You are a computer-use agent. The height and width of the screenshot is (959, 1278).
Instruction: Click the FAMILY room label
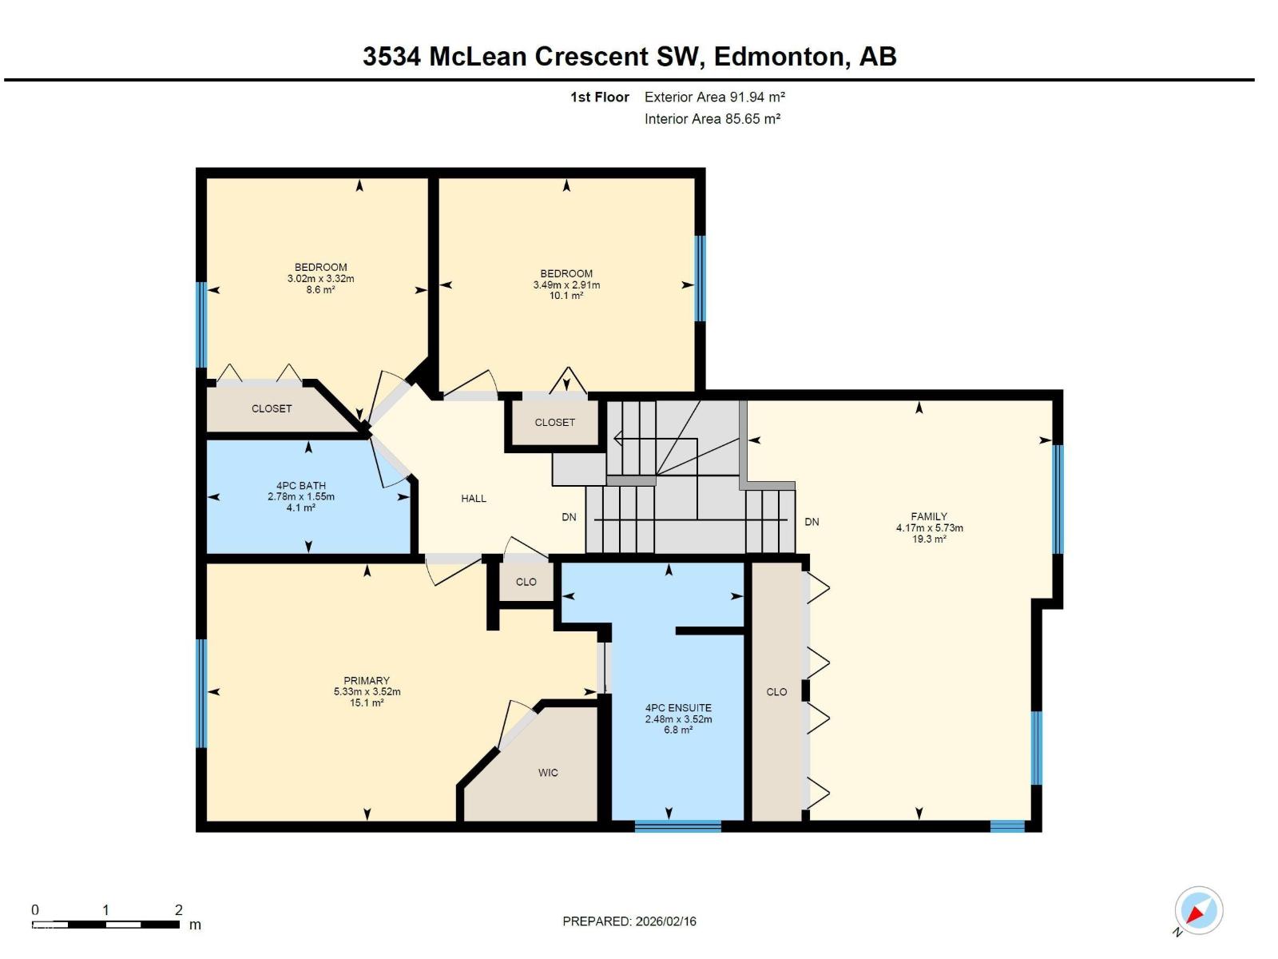[x=929, y=516]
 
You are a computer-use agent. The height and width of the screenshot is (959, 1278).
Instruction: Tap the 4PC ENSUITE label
[x=678, y=708]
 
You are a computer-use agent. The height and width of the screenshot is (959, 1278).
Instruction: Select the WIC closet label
[x=548, y=773]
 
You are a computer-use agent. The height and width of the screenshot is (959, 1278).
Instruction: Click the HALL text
[x=474, y=499]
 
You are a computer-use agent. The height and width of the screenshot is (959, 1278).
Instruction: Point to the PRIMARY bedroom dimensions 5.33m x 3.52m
[x=367, y=692]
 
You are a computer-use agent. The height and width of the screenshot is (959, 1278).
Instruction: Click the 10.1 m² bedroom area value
[x=566, y=296]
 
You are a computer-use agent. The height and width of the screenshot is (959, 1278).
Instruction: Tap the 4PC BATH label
[x=301, y=486]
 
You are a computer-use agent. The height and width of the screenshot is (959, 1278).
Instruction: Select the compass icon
[x=1198, y=910]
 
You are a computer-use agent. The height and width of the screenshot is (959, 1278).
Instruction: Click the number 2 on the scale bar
[x=179, y=909]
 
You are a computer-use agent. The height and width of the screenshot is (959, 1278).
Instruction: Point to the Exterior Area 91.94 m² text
[x=715, y=97]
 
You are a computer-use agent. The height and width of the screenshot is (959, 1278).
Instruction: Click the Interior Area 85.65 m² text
[x=712, y=119]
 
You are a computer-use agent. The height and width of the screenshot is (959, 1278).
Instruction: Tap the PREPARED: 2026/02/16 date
[x=629, y=921]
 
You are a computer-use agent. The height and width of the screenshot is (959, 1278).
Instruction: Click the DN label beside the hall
[x=569, y=517]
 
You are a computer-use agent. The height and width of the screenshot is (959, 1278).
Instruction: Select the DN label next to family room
[x=812, y=522]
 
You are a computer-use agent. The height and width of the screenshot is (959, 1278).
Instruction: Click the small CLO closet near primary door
[x=526, y=582]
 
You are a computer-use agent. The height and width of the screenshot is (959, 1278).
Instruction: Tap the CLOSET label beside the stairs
[x=555, y=422]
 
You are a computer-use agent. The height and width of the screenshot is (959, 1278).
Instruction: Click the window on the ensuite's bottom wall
[x=677, y=826]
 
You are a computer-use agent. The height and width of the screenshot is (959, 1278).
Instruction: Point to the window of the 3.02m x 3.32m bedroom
[x=202, y=324]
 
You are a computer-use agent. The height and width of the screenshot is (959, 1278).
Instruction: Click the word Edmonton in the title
[x=778, y=57]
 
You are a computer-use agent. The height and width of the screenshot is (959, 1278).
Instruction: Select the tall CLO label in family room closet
[x=776, y=692]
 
